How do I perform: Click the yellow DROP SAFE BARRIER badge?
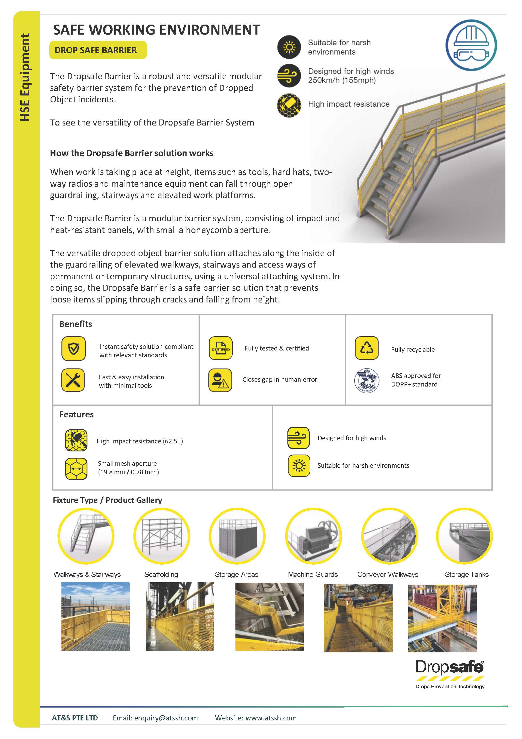coord(98,50)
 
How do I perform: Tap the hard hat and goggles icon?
coord(471,45)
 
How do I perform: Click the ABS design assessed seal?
coord(366,381)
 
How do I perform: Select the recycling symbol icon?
coord(366,348)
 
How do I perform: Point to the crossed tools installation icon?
coord(73,380)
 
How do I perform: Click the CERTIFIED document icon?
coord(220,348)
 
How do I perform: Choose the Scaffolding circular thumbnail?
coord(161,536)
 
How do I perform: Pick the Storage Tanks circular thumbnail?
coord(464,536)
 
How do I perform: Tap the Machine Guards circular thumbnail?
coord(313,536)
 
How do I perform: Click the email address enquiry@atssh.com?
coord(166,718)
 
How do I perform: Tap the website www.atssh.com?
coord(271,718)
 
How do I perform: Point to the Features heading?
coord(76,415)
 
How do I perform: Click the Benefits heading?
coord(75,324)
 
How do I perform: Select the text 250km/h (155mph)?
coord(341,80)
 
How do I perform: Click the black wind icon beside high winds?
coord(289,76)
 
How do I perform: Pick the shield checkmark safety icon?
coord(73,348)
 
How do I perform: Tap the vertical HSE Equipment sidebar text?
coord(25,77)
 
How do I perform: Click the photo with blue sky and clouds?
coord(95,616)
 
